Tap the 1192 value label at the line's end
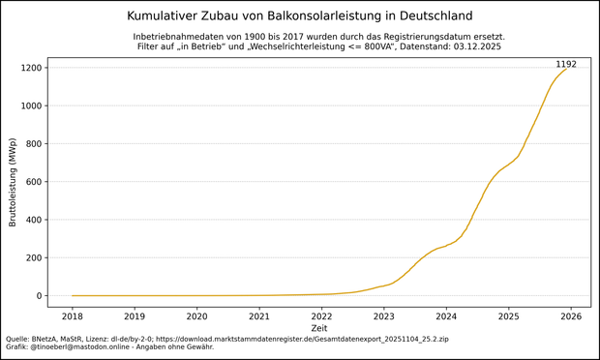click(x=565, y=65)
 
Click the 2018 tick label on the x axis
click(x=73, y=316)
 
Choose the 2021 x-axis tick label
click(x=259, y=316)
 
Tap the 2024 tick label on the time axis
click(x=446, y=316)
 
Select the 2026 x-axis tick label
click(x=571, y=316)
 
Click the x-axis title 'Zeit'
click(x=319, y=329)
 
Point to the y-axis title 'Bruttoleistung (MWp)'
click(x=13, y=182)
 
